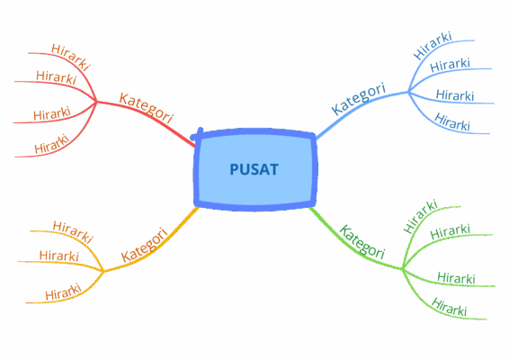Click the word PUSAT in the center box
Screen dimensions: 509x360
tap(254, 169)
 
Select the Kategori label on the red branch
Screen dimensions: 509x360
tap(146, 108)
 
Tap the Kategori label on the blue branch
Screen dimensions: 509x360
tap(359, 98)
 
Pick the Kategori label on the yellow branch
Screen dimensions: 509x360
tap(145, 245)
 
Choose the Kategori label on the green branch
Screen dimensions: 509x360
tap(362, 242)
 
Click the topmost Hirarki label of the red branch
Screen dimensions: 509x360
tap(70, 58)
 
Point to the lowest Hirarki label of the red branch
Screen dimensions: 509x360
tap(52, 144)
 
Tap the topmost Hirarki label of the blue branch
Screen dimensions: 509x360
tap(433, 46)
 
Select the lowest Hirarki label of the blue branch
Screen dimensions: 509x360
tap(452, 121)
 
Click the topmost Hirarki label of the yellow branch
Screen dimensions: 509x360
tap(73, 232)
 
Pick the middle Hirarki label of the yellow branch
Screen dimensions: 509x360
tap(59, 256)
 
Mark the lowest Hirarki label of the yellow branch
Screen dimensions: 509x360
tap(63, 292)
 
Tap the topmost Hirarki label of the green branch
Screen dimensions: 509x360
tap(420, 216)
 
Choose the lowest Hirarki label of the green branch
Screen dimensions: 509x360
tap(450, 307)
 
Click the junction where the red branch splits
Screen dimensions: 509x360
tap(96, 102)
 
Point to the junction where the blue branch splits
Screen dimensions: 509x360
tap(408, 92)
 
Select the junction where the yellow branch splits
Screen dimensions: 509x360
tap(103, 271)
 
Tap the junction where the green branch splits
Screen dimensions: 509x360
tap(403, 269)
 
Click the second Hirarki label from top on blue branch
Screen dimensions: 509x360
tap(450, 65)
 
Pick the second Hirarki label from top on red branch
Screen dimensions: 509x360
tap(56, 77)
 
